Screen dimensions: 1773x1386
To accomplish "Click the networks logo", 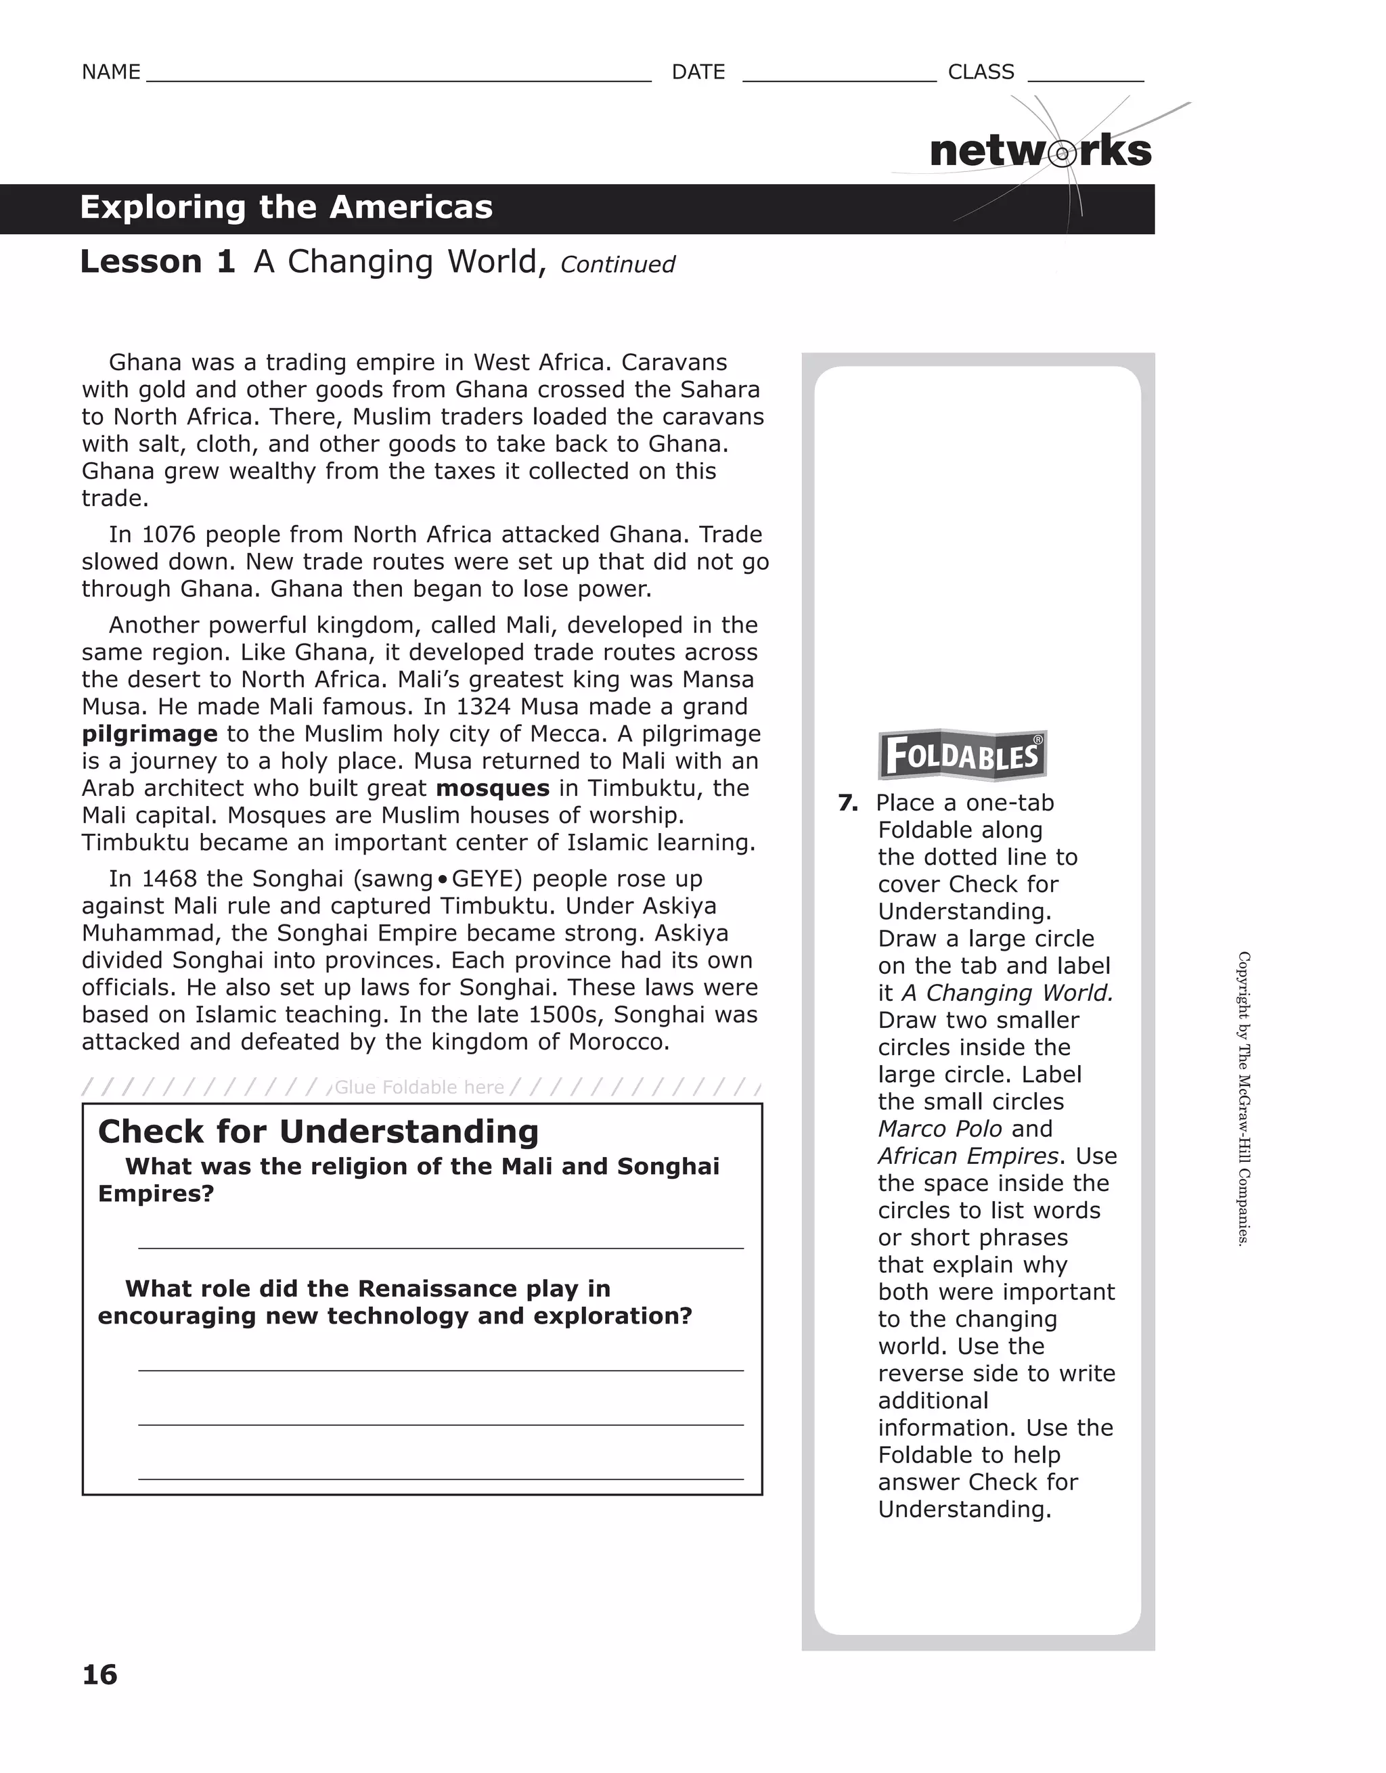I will click(x=1040, y=152).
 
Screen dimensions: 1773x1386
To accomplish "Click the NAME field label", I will click(x=110, y=72).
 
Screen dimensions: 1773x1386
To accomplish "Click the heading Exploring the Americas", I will click(x=286, y=208).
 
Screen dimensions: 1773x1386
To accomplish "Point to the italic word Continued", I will click(x=617, y=265).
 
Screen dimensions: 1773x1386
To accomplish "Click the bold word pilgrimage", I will click(x=150, y=734).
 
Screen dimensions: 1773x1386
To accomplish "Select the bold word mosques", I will click(x=493, y=788).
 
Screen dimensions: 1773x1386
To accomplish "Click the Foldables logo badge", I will click(x=962, y=755).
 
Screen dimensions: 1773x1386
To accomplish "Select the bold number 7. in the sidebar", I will click(x=848, y=803).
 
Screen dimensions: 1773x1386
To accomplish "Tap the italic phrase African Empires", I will click(x=968, y=1156).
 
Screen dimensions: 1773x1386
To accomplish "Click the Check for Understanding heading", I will click(x=318, y=1131).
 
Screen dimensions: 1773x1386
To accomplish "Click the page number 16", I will click(x=100, y=1675).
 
